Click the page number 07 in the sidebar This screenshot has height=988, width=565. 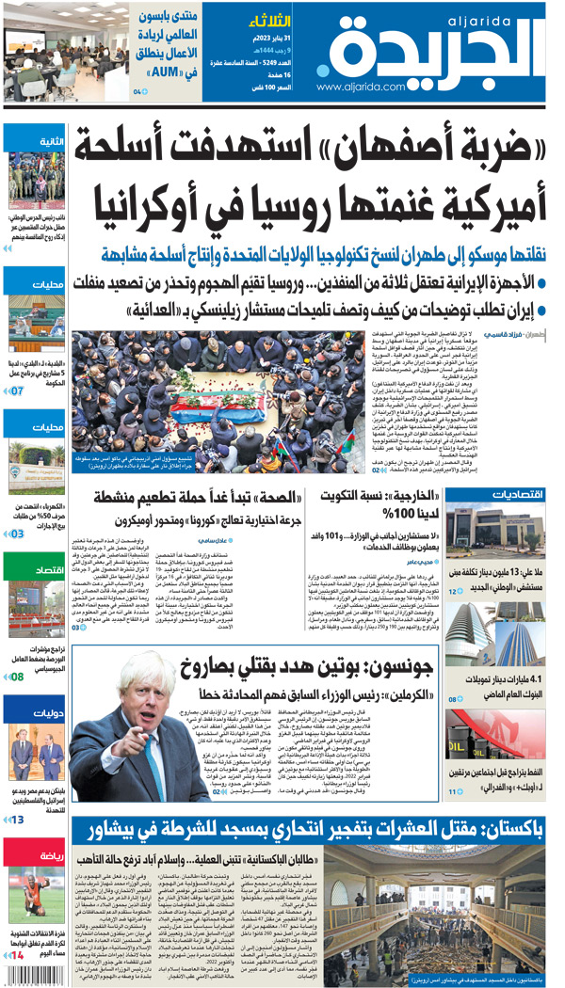pyautogui.click(x=18, y=390)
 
